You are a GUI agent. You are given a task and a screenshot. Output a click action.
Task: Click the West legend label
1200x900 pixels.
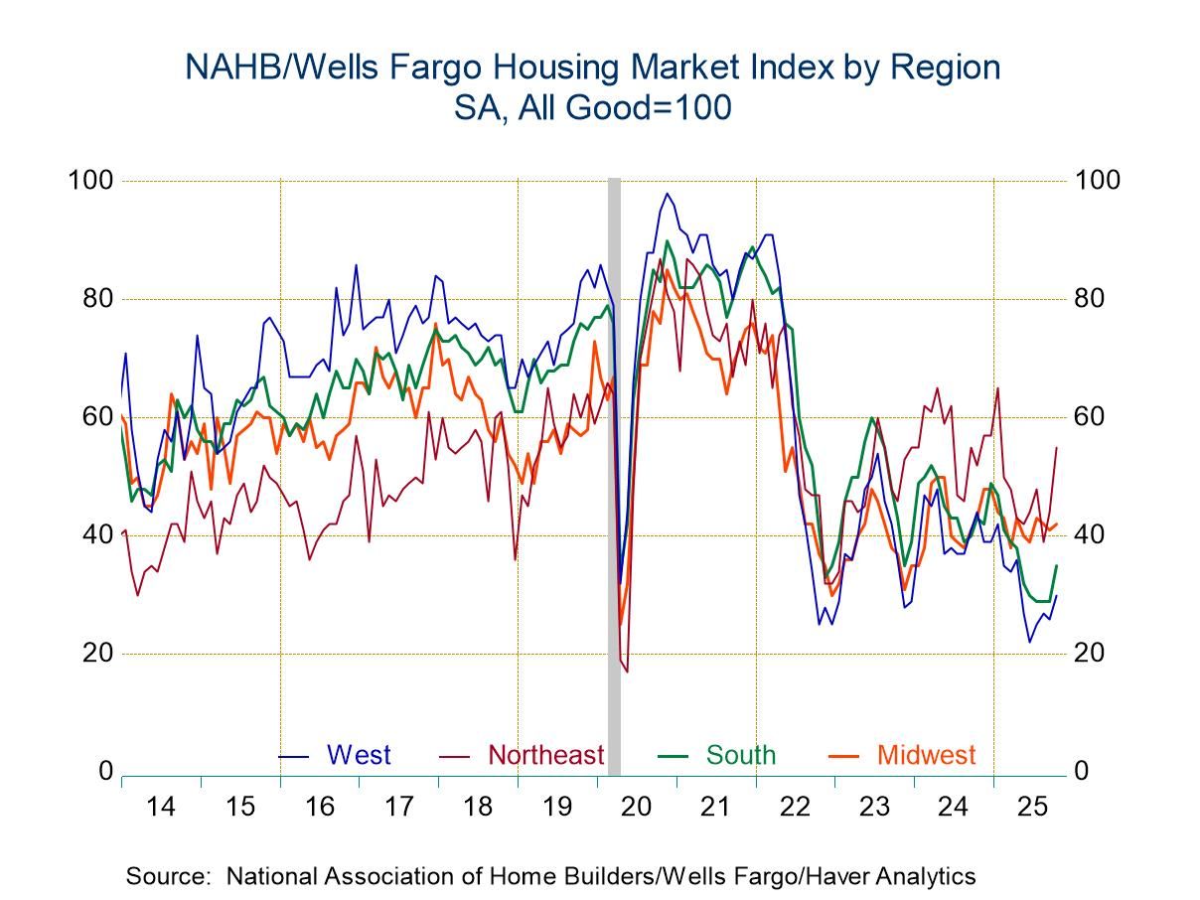[x=359, y=755]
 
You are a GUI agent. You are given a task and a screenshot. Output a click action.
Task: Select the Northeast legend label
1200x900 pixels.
[x=545, y=755]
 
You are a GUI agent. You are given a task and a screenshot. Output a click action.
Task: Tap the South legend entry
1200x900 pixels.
[x=740, y=755]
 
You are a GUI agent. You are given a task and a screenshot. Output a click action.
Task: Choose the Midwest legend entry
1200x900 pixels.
[x=926, y=755]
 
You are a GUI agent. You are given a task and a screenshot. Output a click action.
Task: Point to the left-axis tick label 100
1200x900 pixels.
[x=89, y=181]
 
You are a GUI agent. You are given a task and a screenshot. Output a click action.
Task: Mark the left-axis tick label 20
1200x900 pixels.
[x=96, y=654]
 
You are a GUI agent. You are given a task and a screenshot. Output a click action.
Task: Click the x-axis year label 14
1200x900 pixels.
[x=161, y=807]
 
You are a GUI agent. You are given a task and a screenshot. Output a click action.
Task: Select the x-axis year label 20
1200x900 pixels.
[x=637, y=807]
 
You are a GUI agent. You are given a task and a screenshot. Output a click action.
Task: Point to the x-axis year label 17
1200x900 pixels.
[x=398, y=807]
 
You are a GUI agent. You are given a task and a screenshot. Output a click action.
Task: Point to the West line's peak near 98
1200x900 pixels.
[x=667, y=194]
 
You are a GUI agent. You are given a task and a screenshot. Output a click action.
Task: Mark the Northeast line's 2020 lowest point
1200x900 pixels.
[x=627, y=672]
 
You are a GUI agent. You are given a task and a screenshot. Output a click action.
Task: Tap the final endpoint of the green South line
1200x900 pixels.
[x=1056, y=565]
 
